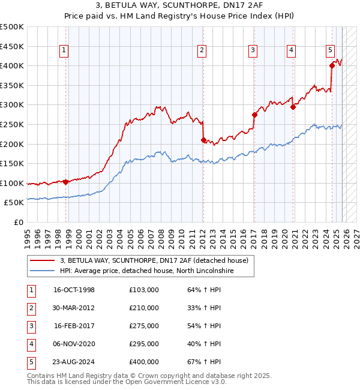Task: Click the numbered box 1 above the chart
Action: [x=64, y=51]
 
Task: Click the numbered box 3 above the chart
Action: [x=253, y=51]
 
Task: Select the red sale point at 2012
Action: [x=203, y=140]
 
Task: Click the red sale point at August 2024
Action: [x=332, y=66]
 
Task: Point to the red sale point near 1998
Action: [x=65, y=182]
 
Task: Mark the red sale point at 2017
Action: [x=254, y=115]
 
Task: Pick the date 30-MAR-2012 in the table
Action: [x=74, y=308]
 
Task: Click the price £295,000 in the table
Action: [x=144, y=344]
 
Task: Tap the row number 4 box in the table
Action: [x=31, y=344]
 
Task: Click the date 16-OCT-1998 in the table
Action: [x=74, y=290]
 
